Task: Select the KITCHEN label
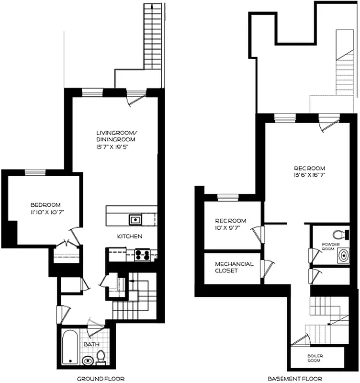point(130,237)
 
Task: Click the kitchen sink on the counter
point(135,220)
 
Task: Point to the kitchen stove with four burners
point(142,255)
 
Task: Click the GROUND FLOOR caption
point(101,378)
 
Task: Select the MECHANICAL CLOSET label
point(234,267)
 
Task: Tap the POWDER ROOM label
point(330,247)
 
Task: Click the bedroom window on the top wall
point(35,172)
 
